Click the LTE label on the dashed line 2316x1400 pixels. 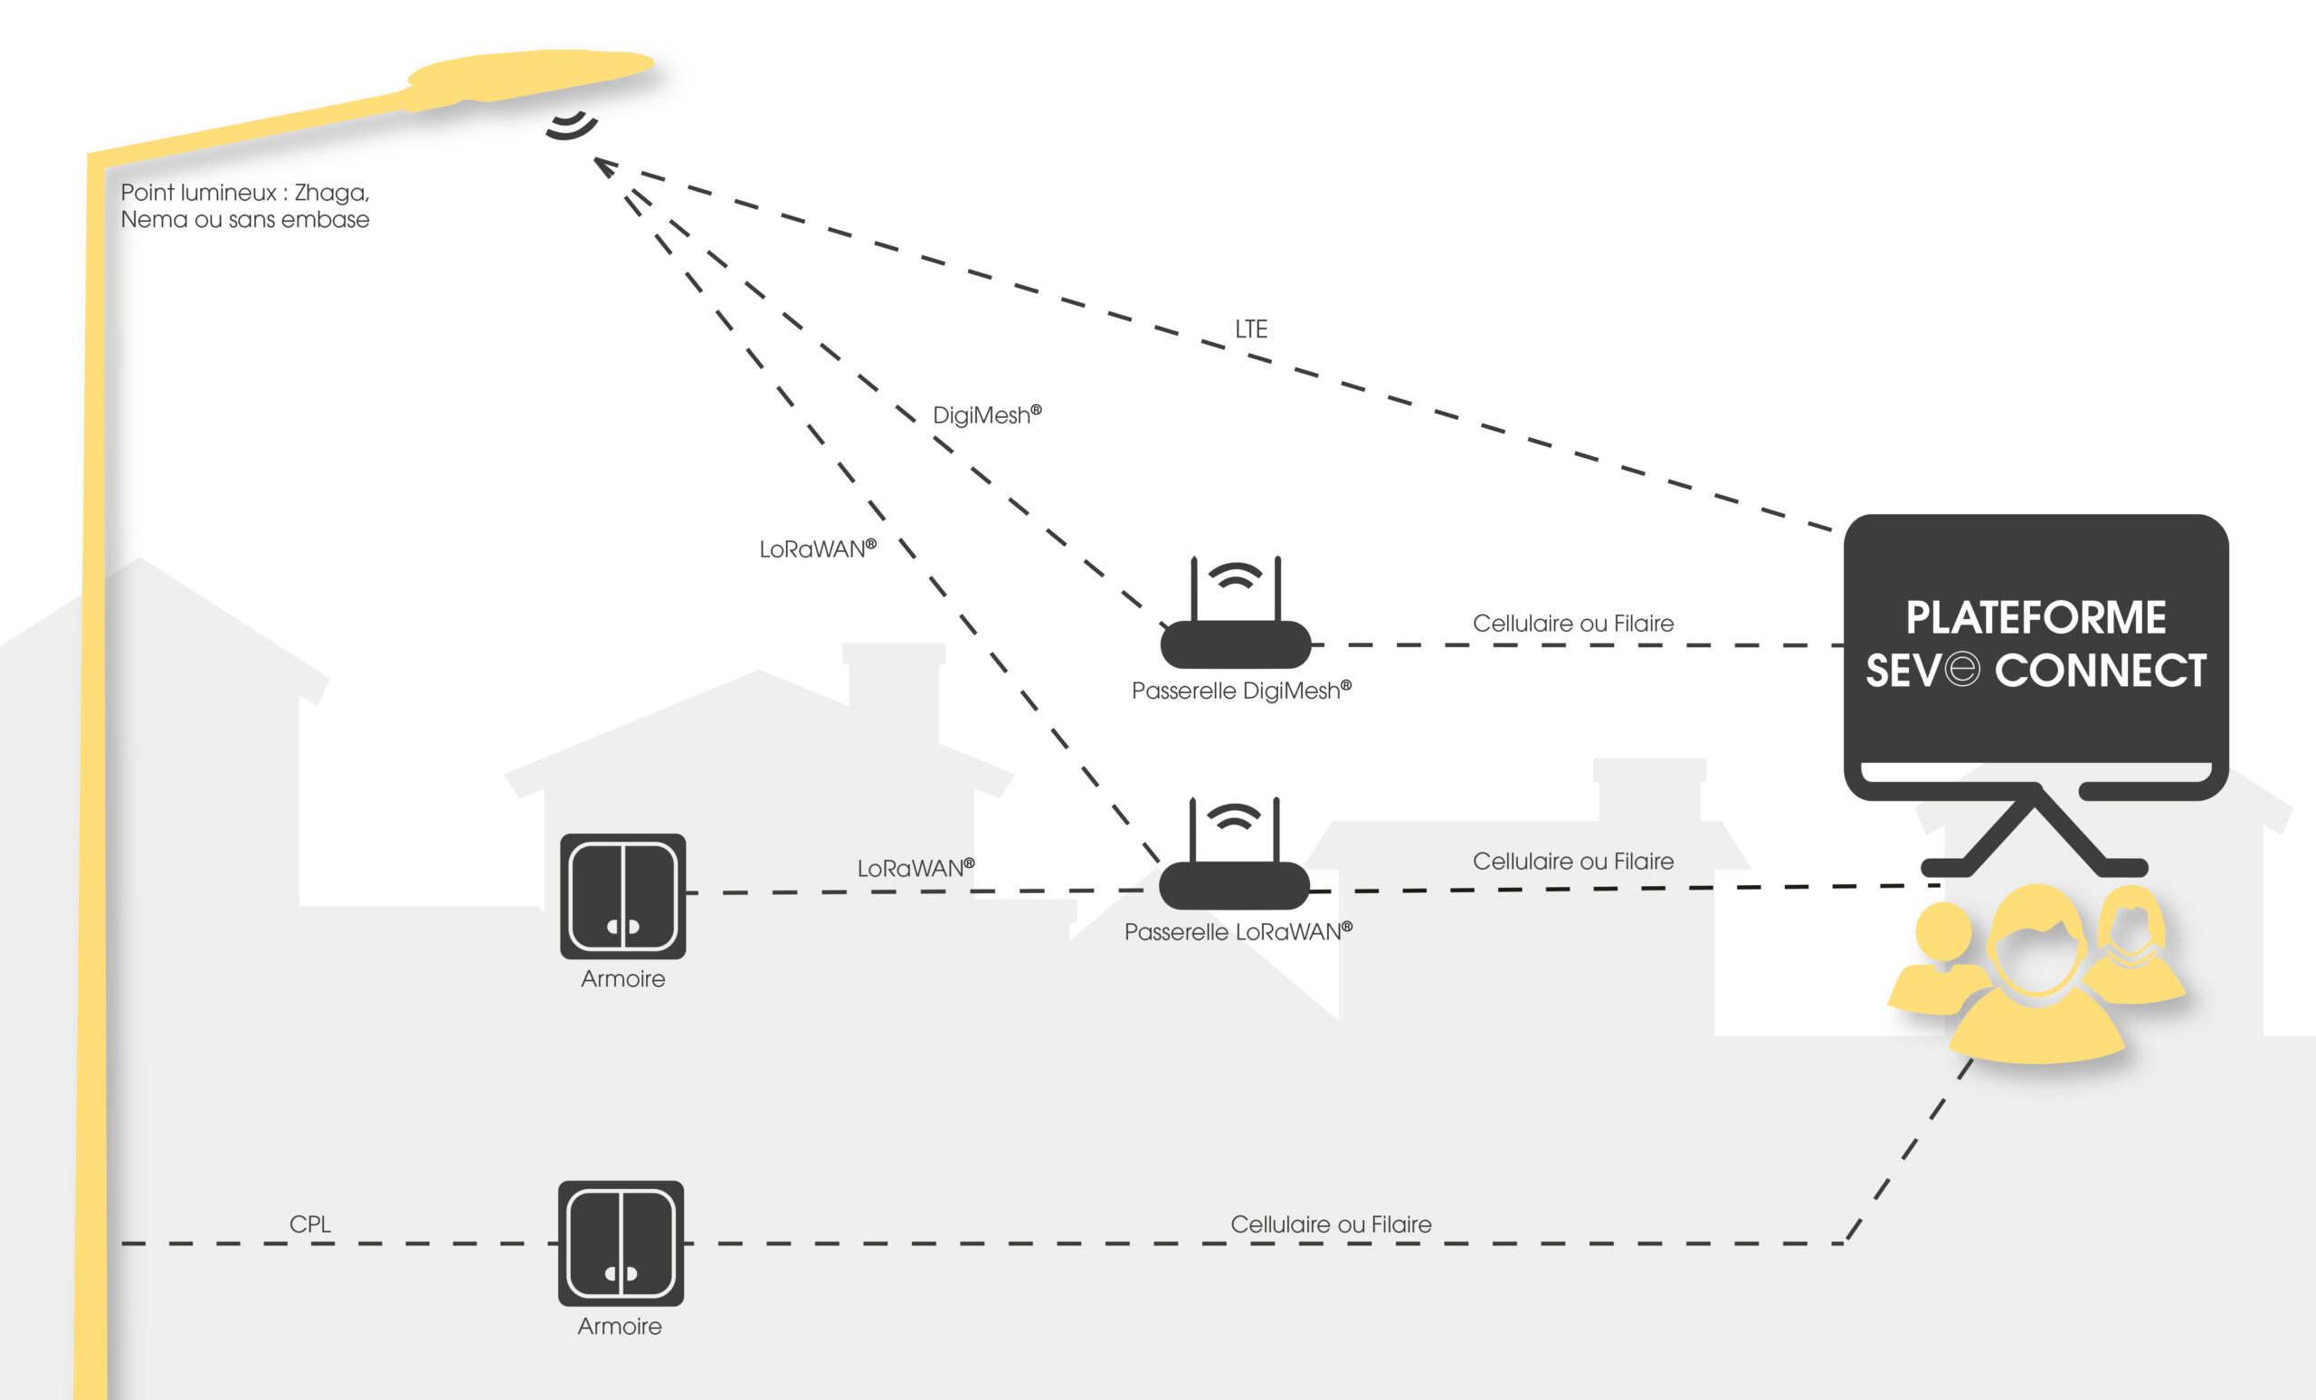point(1251,329)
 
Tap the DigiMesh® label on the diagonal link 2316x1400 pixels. point(986,414)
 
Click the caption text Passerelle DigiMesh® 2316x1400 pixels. point(1240,691)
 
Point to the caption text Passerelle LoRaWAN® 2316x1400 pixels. point(1238,932)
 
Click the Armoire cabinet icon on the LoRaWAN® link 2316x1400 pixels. point(623,896)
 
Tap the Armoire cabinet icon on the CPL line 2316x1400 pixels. point(622,1243)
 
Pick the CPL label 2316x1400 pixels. point(310,1224)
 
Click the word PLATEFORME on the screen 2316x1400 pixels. point(2036,618)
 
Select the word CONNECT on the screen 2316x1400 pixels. point(2101,671)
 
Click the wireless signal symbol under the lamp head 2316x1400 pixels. point(572,126)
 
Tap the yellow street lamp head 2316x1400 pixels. point(531,73)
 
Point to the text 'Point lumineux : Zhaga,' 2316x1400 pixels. point(245,193)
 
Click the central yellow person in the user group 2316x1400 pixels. point(2036,978)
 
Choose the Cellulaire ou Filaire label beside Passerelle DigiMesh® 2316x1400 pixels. point(1572,624)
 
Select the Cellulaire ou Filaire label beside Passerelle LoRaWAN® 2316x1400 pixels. point(1572,862)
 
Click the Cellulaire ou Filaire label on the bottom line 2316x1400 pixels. point(1331,1224)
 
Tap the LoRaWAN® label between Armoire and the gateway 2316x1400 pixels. point(916,868)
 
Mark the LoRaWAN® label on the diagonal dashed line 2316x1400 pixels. point(818,549)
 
